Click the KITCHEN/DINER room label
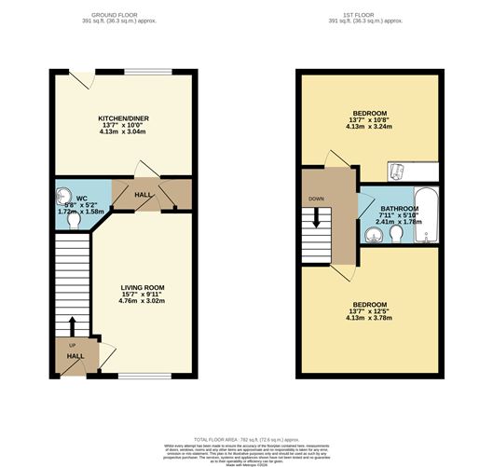point(124,118)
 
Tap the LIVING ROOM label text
point(143,287)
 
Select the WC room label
point(82,198)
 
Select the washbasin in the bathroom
point(375,236)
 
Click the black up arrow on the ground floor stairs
point(71,326)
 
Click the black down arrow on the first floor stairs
point(316,217)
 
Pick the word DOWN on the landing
point(315,199)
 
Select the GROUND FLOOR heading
point(123,15)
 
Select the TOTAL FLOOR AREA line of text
point(246,437)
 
